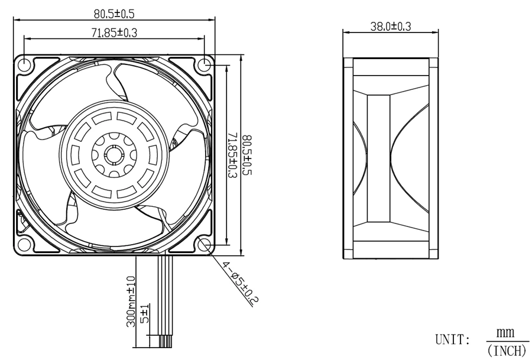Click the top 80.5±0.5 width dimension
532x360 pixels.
[114, 14]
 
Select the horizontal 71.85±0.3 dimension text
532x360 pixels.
[114, 33]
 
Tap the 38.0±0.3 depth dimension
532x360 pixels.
[391, 26]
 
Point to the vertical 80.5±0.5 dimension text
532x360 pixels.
[248, 155]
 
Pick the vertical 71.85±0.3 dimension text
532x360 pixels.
[232, 155]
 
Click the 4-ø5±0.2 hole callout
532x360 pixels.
[241, 283]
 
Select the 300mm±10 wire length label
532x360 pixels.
[131, 301]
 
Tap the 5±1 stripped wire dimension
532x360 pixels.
[145, 314]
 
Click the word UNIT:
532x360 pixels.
[453, 339]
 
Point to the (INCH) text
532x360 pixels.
[507, 350]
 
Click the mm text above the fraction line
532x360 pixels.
[505, 333]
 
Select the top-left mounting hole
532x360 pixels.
[25, 64]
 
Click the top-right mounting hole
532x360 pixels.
[205, 64]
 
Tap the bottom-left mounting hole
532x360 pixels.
[25, 244]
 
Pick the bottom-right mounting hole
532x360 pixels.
[205, 244]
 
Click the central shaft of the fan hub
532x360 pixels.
[114, 155]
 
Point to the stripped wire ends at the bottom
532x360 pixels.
[166, 340]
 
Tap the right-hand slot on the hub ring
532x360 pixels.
[153, 155]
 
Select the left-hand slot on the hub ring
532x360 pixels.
[75, 155]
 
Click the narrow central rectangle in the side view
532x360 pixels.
[379, 158]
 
